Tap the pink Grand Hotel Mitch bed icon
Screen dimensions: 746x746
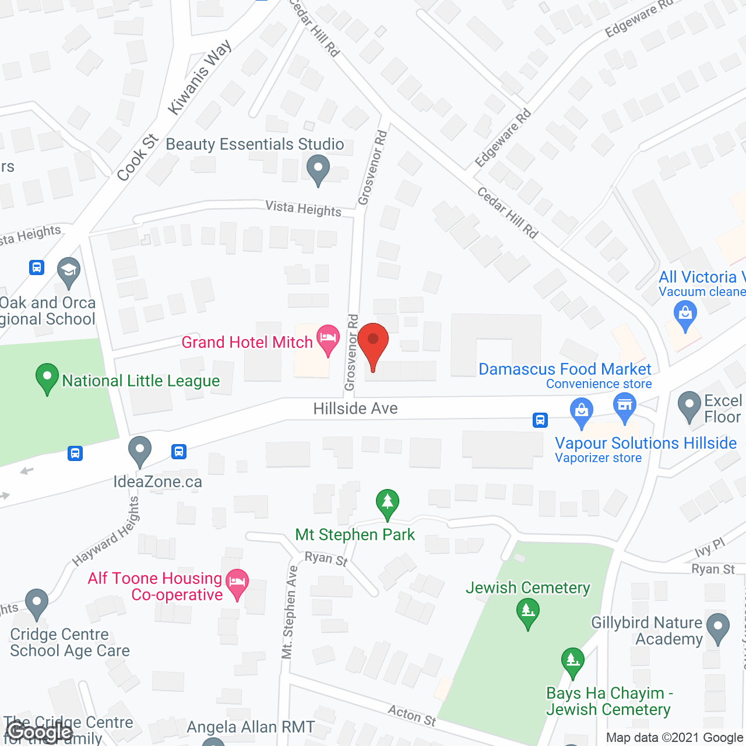[x=328, y=339]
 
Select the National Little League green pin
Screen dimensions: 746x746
[x=47, y=378]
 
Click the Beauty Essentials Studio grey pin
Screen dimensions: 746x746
[x=318, y=169]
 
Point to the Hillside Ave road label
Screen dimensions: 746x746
[x=356, y=409]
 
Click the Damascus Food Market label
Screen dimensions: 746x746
[x=564, y=369]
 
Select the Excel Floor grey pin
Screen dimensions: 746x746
[x=689, y=406]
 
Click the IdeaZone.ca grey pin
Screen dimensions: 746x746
[x=140, y=451]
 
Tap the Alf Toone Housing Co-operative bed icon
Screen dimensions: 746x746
[x=237, y=583]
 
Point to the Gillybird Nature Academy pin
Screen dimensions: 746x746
[x=718, y=628]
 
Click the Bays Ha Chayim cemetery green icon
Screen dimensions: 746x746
[x=573, y=662]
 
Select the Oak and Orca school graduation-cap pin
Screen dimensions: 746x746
[x=69, y=272]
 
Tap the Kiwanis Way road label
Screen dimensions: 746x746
[x=200, y=77]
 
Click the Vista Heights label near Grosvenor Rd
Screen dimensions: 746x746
[x=303, y=208]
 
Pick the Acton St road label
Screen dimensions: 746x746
[x=412, y=715]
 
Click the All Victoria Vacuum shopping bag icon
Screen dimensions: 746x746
[x=685, y=315]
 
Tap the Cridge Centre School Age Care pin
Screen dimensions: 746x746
[x=37, y=604]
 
